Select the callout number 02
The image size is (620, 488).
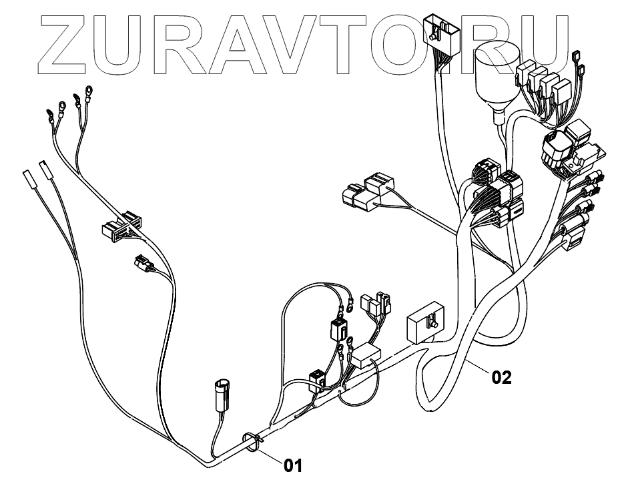[502, 378]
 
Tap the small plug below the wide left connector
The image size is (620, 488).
[143, 264]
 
